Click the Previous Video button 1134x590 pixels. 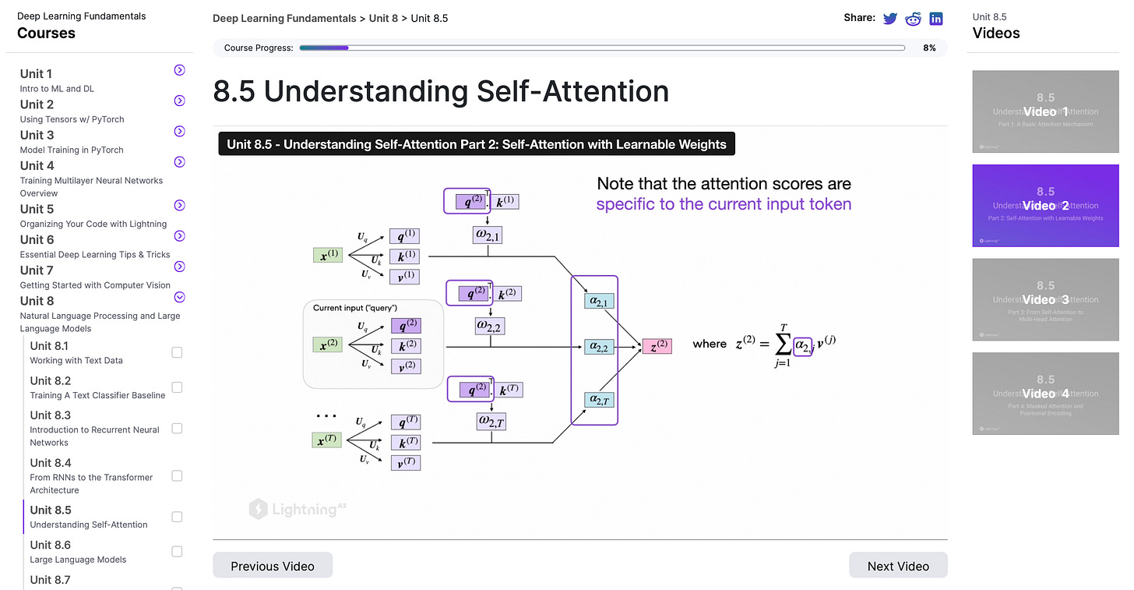pos(273,566)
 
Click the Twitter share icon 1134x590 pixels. pos(890,18)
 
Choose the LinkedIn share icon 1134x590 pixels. pos(935,18)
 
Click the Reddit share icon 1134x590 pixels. pos(913,18)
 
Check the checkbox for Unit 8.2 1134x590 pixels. pos(177,387)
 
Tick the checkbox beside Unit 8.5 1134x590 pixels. pos(177,517)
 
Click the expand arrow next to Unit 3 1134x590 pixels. pos(179,132)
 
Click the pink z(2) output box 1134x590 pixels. pos(657,346)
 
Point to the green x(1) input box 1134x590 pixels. pos(328,255)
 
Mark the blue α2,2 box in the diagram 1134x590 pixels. pos(599,346)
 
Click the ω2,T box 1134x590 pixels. pos(491,422)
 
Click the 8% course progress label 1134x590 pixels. pos(929,48)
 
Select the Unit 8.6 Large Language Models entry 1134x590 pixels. pos(77,551)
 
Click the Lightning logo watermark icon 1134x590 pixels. pos(258,510)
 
